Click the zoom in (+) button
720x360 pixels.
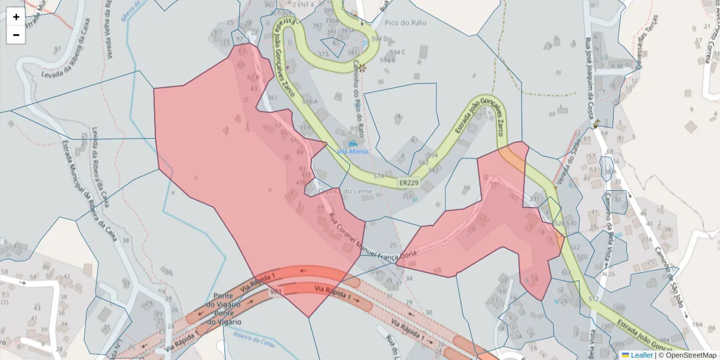point(16,17)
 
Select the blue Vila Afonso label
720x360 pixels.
point(353,151)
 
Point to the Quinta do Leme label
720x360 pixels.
point(346,191)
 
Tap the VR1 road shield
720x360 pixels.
point(276,292)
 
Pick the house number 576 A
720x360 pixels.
point(310,102)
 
